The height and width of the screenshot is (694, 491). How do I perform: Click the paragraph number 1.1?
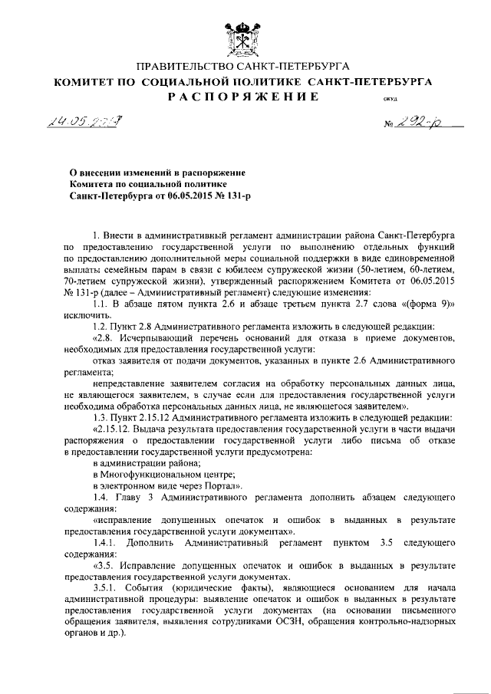(100, 304)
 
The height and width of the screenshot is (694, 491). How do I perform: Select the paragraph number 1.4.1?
(104, 543)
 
